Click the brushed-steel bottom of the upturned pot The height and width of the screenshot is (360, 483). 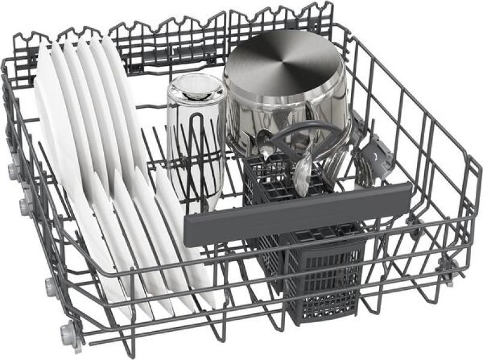282,63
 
